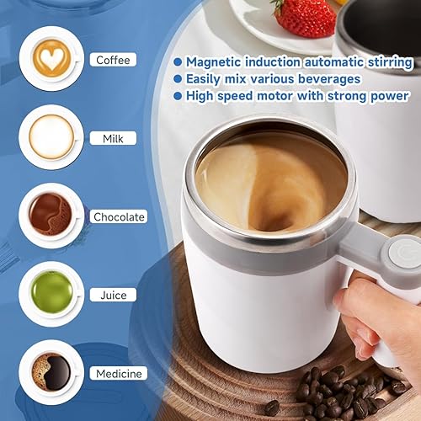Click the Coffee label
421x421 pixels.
coord(113,60)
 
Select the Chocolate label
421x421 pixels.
coord(120,217)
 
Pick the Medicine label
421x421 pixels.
coord(119,373)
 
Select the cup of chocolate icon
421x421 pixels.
coord(50,216)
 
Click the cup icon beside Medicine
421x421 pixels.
coord(50,371)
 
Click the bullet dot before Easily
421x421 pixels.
coord(178,79)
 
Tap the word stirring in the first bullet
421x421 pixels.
coord(386,62)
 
